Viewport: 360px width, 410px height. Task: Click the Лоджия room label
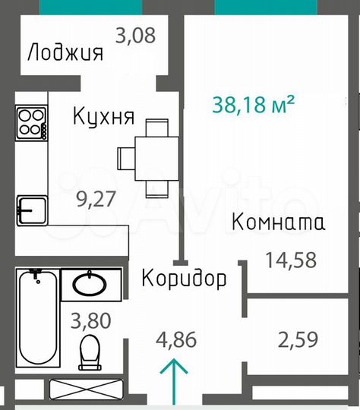tap(64, 53)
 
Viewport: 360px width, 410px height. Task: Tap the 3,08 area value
tap(134, 34)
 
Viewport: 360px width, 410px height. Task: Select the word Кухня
tap(103, 118)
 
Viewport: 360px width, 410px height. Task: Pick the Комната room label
tap(278, 223)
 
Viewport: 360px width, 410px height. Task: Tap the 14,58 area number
tap(291, 260)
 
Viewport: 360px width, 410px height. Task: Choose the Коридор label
tap(184, 279)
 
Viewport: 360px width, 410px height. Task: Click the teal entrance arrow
tap(175, 381)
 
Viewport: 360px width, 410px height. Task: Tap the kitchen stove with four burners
tap(31, 122)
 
